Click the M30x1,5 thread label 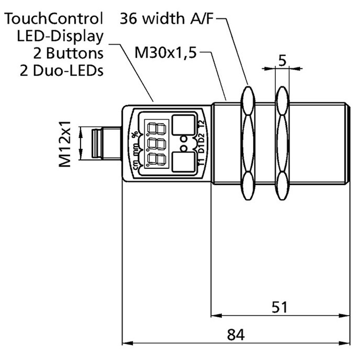(x=166, y=54)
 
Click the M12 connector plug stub (x=99, y=143)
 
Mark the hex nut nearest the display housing (x=247, y=143)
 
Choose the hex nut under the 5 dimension (x=282, y=143)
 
